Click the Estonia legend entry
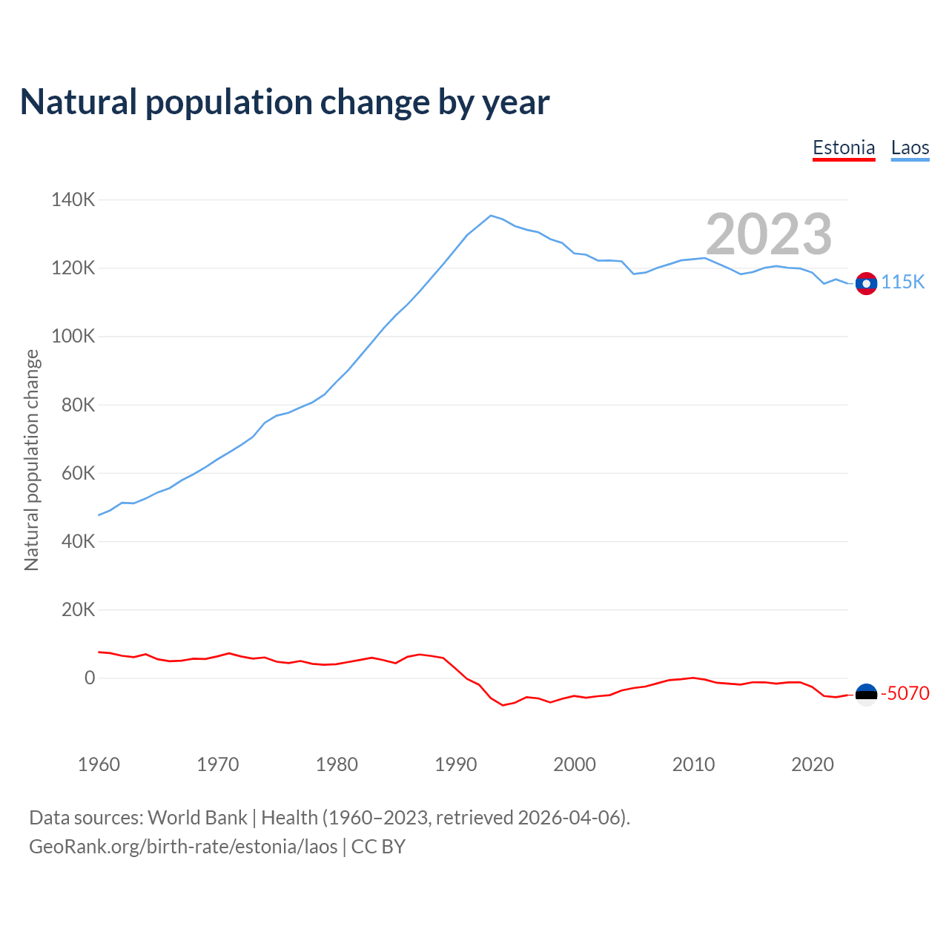pos(844,148)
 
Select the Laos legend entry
pos(910,148)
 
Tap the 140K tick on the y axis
pos(73,199)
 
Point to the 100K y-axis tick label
pos(73,337)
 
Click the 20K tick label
pos(78,610)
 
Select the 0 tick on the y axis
pos(90,678)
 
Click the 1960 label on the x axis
pos(99,764)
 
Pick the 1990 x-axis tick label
pos(456,764)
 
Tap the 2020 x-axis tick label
pos(813,764)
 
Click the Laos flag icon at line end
pos(866,283)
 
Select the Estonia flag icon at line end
pos(866,694)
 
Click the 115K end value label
pos(903,282)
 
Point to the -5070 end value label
pos(905,694)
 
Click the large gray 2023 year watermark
pos(769,234)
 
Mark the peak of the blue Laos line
pos(491,216)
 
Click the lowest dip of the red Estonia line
pos(503,705)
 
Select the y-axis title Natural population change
pos(31,460)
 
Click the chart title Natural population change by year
pos(285,102)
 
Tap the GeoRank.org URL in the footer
pos(183,847)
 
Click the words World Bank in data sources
pos(197,818)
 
